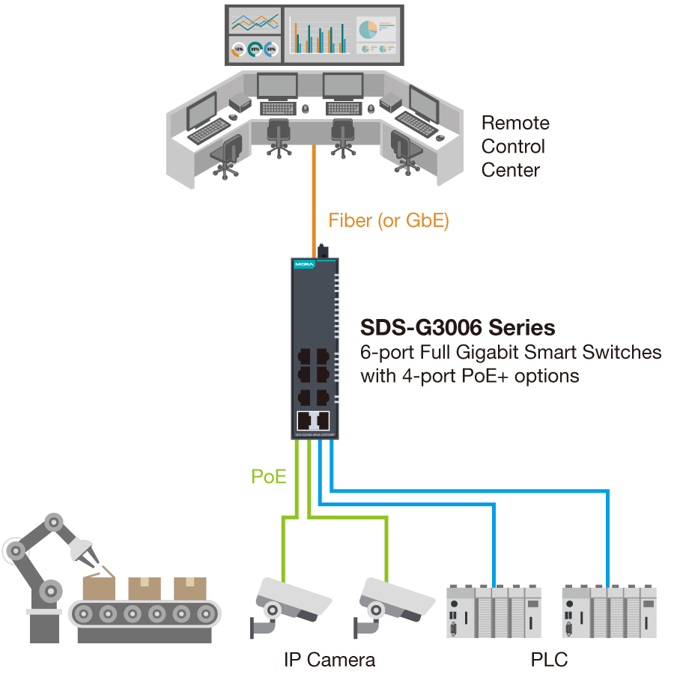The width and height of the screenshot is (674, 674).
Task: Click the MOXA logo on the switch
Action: [x=305, y=264]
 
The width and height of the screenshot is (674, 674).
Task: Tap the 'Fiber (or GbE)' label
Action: [x=388, y=221]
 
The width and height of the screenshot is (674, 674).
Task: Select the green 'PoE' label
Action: [x=269, y=476]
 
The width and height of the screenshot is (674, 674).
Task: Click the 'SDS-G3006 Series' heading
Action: [x=458, y=328]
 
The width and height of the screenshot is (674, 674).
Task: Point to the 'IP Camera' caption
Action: [x=330, y=660]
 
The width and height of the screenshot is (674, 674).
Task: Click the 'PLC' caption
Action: [x=549, y=660]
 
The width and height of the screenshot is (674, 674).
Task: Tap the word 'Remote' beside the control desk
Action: [x=514, y=123]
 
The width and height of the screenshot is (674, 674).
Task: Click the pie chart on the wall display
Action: [x=367, y=29]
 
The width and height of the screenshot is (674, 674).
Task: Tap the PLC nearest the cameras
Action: [x=494, y=611]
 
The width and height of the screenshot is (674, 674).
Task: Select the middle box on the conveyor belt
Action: [x=144, y=588]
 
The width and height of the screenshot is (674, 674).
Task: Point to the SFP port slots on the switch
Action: [x=314, y=420]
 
